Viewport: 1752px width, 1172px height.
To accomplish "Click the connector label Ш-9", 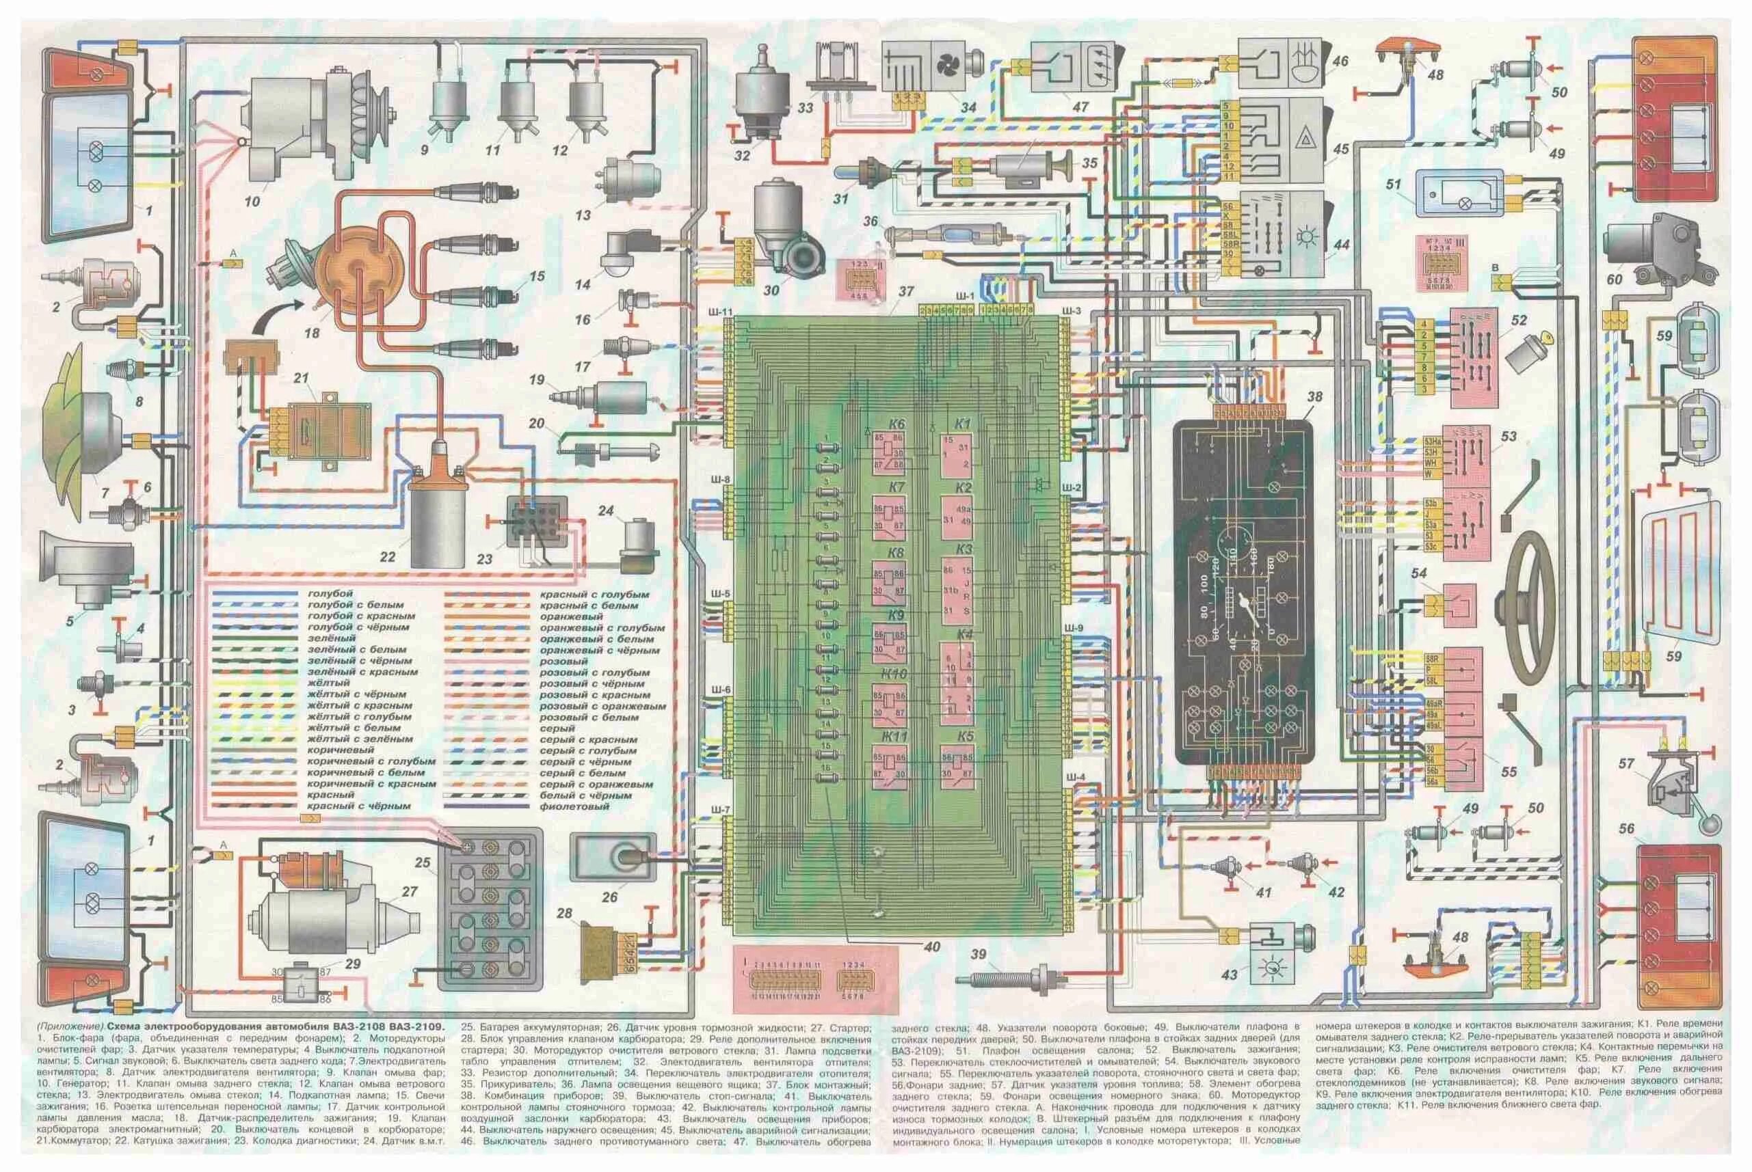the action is [x=1074, y=628].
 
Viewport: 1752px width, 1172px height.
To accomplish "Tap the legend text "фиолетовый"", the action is [x=574, y=806].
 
